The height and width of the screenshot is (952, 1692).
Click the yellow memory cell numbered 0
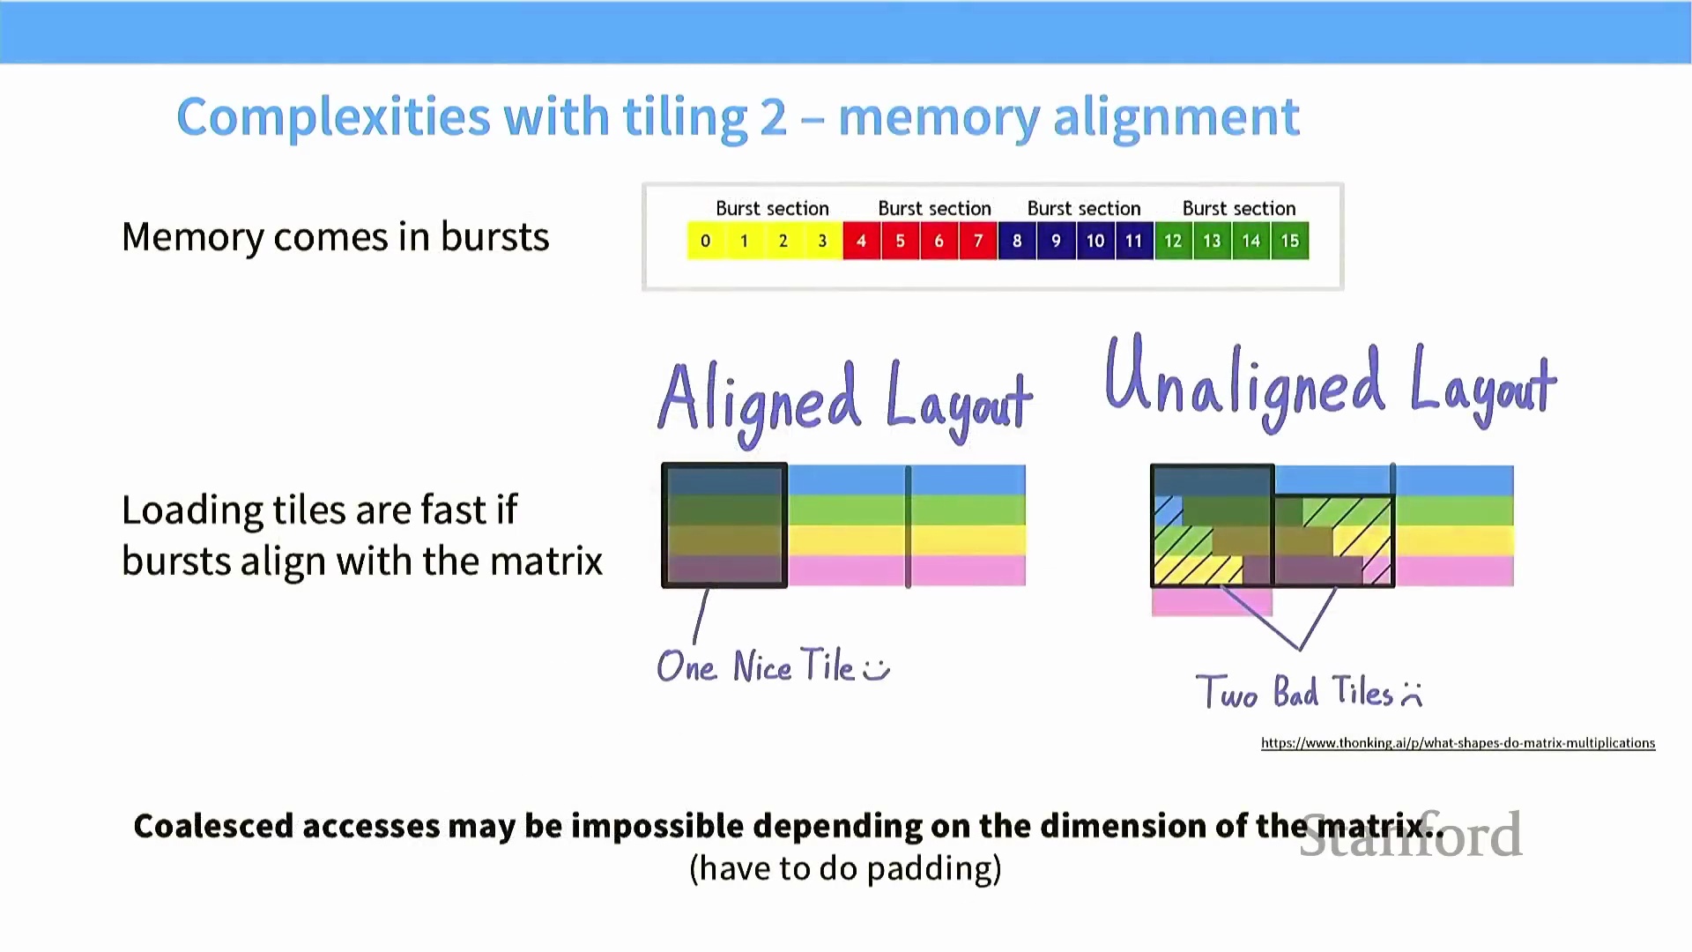tap(706, 242)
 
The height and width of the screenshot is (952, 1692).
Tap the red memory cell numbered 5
tap(900, 242)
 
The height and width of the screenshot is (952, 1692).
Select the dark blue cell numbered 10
tap(1095, 242)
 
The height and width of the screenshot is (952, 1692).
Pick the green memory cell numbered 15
tap(1289, 242)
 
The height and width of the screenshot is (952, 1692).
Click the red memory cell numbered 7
tap(978, 242)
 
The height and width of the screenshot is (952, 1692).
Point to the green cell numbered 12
tap(1173, 242)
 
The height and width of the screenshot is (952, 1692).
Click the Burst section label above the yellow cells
tap(772, 209)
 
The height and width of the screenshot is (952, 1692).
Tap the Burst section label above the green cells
tap(1238, 209)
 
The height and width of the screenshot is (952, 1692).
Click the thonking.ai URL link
tap(1458, 743)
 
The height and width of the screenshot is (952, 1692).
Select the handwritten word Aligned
tap(759, 401)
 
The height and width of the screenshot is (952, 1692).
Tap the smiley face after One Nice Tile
tap(876, 669)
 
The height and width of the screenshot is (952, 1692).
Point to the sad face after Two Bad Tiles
tap(1412, 695)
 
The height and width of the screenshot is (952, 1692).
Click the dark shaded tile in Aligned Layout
tap(724, 525)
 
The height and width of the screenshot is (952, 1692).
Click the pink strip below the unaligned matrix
tap(1211, 602)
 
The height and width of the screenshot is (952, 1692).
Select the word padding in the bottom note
tap(933, 869)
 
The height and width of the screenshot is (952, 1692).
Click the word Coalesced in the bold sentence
tap(213, 827)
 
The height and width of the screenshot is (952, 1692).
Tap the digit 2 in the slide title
tap(772, 117)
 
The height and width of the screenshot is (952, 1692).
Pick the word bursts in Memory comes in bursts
tap(494, 237)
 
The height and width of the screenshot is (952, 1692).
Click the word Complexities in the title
tap(333, 117)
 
